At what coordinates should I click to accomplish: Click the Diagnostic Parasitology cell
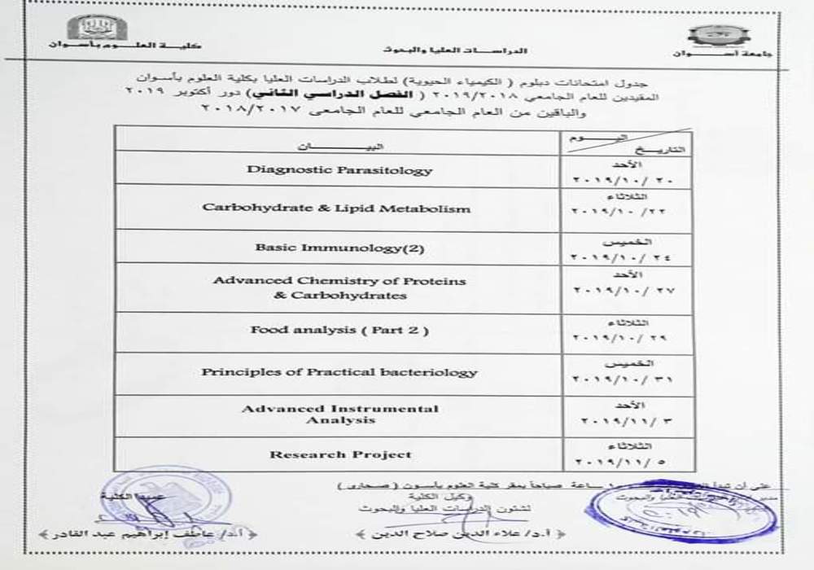(x=340, y=171)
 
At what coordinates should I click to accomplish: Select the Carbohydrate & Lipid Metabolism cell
(x=336, y=208)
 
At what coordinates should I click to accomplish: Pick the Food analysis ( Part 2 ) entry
(x=339, y=331)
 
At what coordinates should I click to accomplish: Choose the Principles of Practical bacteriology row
(x=339, y=373)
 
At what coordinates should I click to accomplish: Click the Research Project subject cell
(x=340, y=454)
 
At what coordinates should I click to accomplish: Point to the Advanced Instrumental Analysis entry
(x=340, y=414)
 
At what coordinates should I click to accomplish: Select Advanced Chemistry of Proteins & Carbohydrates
(x=339, y=287)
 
